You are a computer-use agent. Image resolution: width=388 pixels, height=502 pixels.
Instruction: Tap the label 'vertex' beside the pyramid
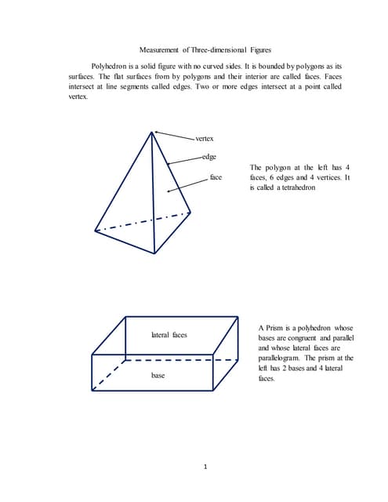pyautogui.click(x=205, y=139)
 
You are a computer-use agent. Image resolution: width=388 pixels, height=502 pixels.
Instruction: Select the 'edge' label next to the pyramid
pyautogui.click(x=209, y=158)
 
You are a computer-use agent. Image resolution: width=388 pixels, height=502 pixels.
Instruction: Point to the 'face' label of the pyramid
pyautogui.click(x=216, y=178)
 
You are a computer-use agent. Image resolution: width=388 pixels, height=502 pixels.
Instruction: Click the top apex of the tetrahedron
pyautogui.click(x=152, y=131)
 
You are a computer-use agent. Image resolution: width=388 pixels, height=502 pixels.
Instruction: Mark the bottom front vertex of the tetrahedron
pyautogui.click(x=154, y=253)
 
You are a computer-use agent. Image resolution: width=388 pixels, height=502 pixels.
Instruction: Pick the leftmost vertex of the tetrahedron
pyautogui.click(x=95, y=231)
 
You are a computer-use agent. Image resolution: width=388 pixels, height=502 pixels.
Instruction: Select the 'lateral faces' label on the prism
pyautogui.click(x=169, y=335)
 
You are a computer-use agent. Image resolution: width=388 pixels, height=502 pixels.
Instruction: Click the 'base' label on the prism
pyautogui.click(x=158, y=376)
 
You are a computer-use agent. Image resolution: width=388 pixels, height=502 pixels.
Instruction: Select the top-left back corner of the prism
pyautogui.click(x=125, y=317)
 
